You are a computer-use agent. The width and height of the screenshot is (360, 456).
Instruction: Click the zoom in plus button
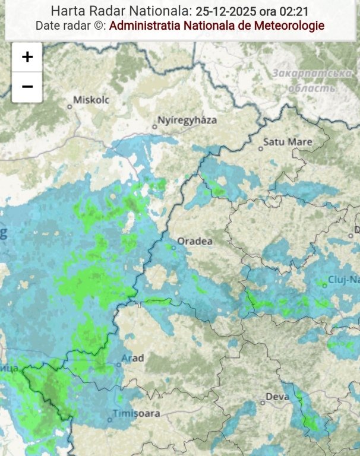tap(27, 57)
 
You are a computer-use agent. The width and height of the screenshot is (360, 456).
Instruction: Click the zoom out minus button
tap(27, 87)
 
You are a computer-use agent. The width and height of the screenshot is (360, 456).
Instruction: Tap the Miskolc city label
tap(91, 100)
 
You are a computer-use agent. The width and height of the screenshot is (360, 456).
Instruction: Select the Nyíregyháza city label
tap(187, 120)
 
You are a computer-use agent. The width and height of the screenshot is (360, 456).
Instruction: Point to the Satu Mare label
tap(288, 142)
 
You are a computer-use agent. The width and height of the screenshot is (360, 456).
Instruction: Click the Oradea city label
tap(195, 242)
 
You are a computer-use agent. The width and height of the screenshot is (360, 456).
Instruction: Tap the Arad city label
tap(132, 357)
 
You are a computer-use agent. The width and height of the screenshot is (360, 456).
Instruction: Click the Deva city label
tap(277, 397)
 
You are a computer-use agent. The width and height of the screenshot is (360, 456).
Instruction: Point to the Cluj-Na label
tap(344, 280)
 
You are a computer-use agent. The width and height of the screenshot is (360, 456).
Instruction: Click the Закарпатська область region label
tap(312, 81)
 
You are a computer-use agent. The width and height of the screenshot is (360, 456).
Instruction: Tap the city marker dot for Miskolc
tap(70, 106)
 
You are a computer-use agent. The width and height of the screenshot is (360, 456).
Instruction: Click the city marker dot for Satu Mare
tap(261, 149)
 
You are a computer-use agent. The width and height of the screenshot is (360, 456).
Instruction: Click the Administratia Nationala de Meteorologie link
tap(217, 26)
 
